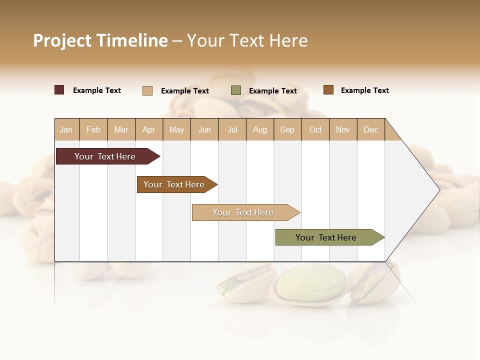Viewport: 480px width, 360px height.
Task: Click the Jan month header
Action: [66, 129]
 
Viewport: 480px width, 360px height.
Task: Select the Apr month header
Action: [149, 129]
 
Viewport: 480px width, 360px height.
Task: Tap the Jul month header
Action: [232, 129]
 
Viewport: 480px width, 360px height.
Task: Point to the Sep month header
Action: [287, 129]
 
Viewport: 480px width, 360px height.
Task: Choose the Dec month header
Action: [371, 129]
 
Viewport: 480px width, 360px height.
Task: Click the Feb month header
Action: [93, 129]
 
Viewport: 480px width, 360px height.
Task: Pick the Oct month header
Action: [315, 129]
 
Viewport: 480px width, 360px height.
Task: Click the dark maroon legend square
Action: [59, 90]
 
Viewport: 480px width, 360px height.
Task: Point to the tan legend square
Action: [147, 90]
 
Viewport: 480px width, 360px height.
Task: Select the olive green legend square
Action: [236, 90]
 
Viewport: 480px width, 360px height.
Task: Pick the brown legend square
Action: [328, 90]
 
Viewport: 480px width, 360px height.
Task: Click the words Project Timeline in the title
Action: [100, 40]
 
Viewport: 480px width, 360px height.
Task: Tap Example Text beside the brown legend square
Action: [364, 90]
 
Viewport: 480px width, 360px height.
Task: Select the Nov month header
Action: [343, 129]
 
